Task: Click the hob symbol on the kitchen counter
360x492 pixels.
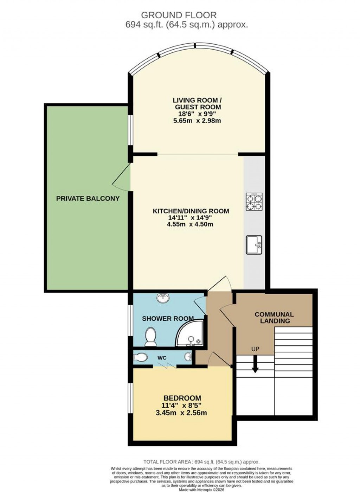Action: tap(254, 202)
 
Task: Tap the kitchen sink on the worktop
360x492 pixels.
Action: tap(254, 245)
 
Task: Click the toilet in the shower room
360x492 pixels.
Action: tap(150, 337)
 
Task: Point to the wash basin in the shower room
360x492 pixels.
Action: tap(163, 298)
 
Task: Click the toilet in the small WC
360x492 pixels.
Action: tap(141, 357)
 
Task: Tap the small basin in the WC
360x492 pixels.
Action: tap(188, 357)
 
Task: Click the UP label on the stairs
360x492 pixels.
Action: tap(255, 349)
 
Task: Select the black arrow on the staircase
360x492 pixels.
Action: tap(255, 364)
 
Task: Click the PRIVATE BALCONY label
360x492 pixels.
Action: tap(88, 198)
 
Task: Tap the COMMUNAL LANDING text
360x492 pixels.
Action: tap(274, 318)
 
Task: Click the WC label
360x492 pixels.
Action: tap(162, 358)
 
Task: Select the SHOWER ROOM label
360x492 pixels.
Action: tap(168, 319)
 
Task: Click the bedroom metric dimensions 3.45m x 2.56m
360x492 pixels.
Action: tap(181, 413)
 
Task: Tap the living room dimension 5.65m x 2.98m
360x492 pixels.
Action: tap(197, 121)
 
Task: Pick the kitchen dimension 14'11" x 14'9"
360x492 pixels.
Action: tap(191, 218)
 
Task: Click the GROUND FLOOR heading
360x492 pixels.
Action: tap(179, 15)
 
